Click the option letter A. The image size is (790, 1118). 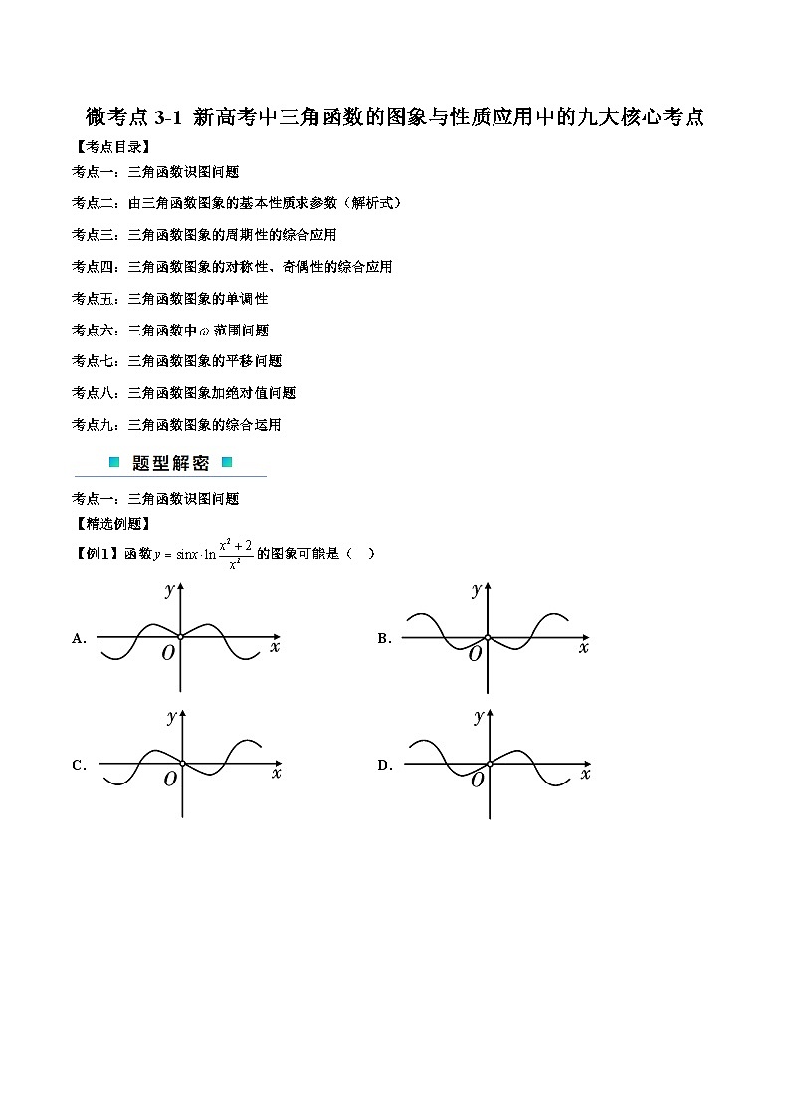(79, 639)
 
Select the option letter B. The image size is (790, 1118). (384, 639)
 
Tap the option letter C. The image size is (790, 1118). (79, 766)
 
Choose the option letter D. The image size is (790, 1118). (384, 766)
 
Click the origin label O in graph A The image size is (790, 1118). (168, 652)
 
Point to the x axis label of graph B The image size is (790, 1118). (583, 648)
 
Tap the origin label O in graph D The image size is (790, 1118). (477, 781)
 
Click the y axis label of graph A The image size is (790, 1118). (170, 590)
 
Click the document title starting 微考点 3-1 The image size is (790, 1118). (395, 117)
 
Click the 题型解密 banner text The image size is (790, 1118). (170, 463)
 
